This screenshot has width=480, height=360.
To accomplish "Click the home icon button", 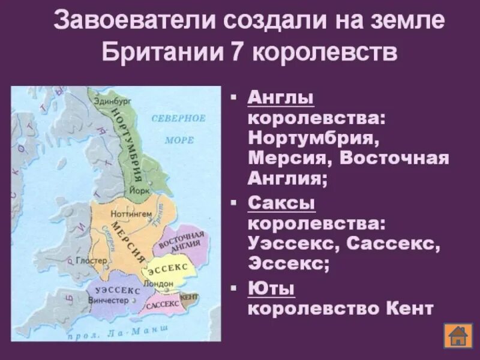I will tap(458, 335).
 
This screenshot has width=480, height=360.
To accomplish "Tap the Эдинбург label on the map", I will tap(107, 101).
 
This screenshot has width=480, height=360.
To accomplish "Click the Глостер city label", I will tap(93, 260).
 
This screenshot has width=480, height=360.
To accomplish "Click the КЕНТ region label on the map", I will tap(190, 296).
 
